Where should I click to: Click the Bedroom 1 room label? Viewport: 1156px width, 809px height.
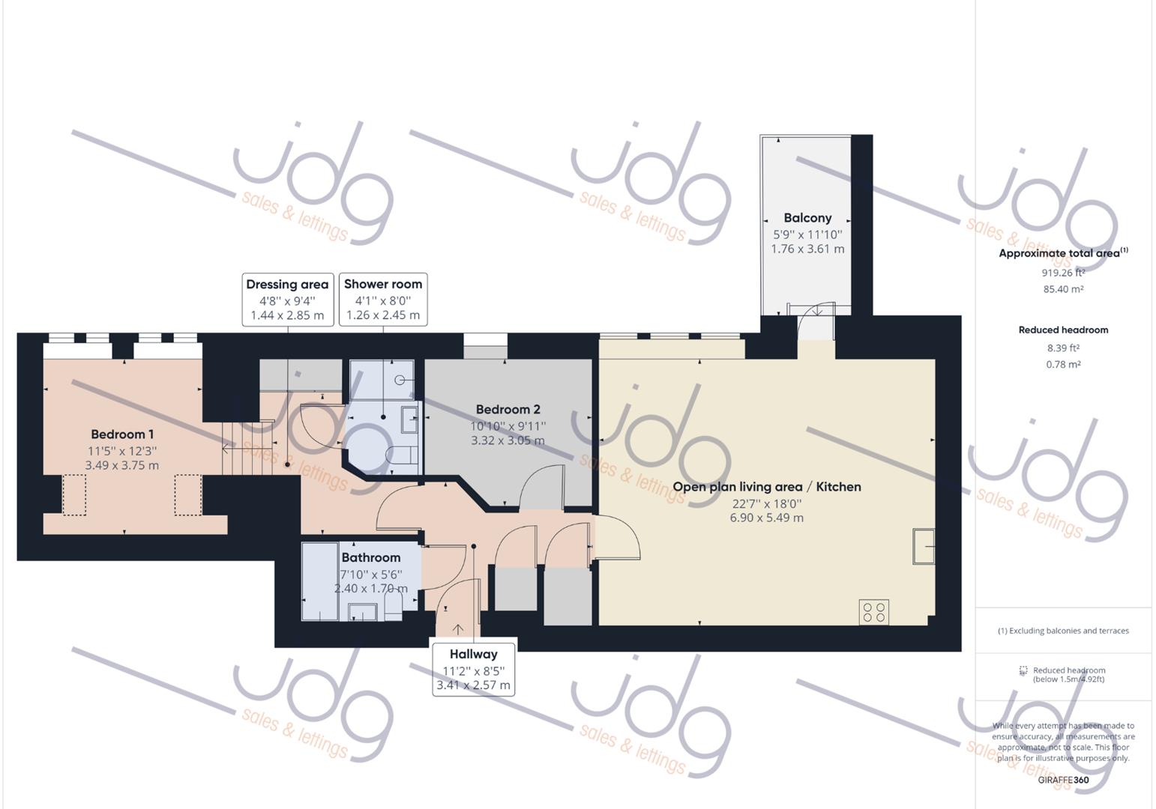coord(122,434)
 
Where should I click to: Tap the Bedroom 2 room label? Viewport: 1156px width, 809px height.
coord(508,410)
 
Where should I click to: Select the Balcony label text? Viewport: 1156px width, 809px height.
coord(807,218)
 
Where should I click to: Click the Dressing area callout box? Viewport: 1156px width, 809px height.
coord(287,299)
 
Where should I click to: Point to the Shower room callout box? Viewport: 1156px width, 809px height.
coord(383,299)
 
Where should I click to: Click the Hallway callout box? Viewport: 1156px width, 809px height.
coord(473,669)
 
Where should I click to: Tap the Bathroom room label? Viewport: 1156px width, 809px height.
coord(370,557)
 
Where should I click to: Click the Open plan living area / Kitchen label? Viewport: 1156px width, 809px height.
coord(766,487)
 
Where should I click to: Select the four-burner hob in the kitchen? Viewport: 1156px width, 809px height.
coord(873,611)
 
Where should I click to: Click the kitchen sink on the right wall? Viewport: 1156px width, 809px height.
coord(924,545)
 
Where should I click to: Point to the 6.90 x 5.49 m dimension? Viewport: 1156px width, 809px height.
coord(766,518)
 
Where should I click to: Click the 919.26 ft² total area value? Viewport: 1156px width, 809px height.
coord(1062,273)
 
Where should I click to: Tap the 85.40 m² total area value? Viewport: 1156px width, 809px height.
coord(1062,289)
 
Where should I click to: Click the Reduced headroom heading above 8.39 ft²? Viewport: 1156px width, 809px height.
coord(1062,330)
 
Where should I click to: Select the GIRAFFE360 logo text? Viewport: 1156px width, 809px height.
coord(1063,780)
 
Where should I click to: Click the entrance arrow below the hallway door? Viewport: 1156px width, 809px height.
coord(457,629)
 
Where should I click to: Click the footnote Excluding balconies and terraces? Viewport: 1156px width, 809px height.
coord(1062,631)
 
